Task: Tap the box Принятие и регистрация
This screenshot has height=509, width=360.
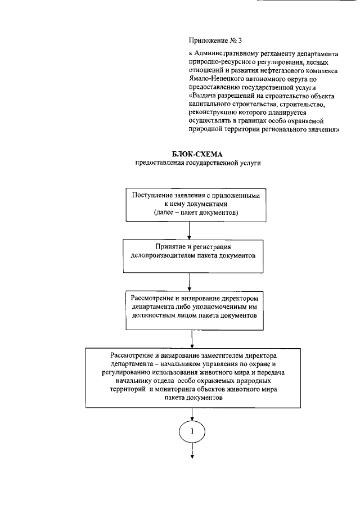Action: point(191,251)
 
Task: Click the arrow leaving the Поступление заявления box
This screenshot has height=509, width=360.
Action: point(191,230)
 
